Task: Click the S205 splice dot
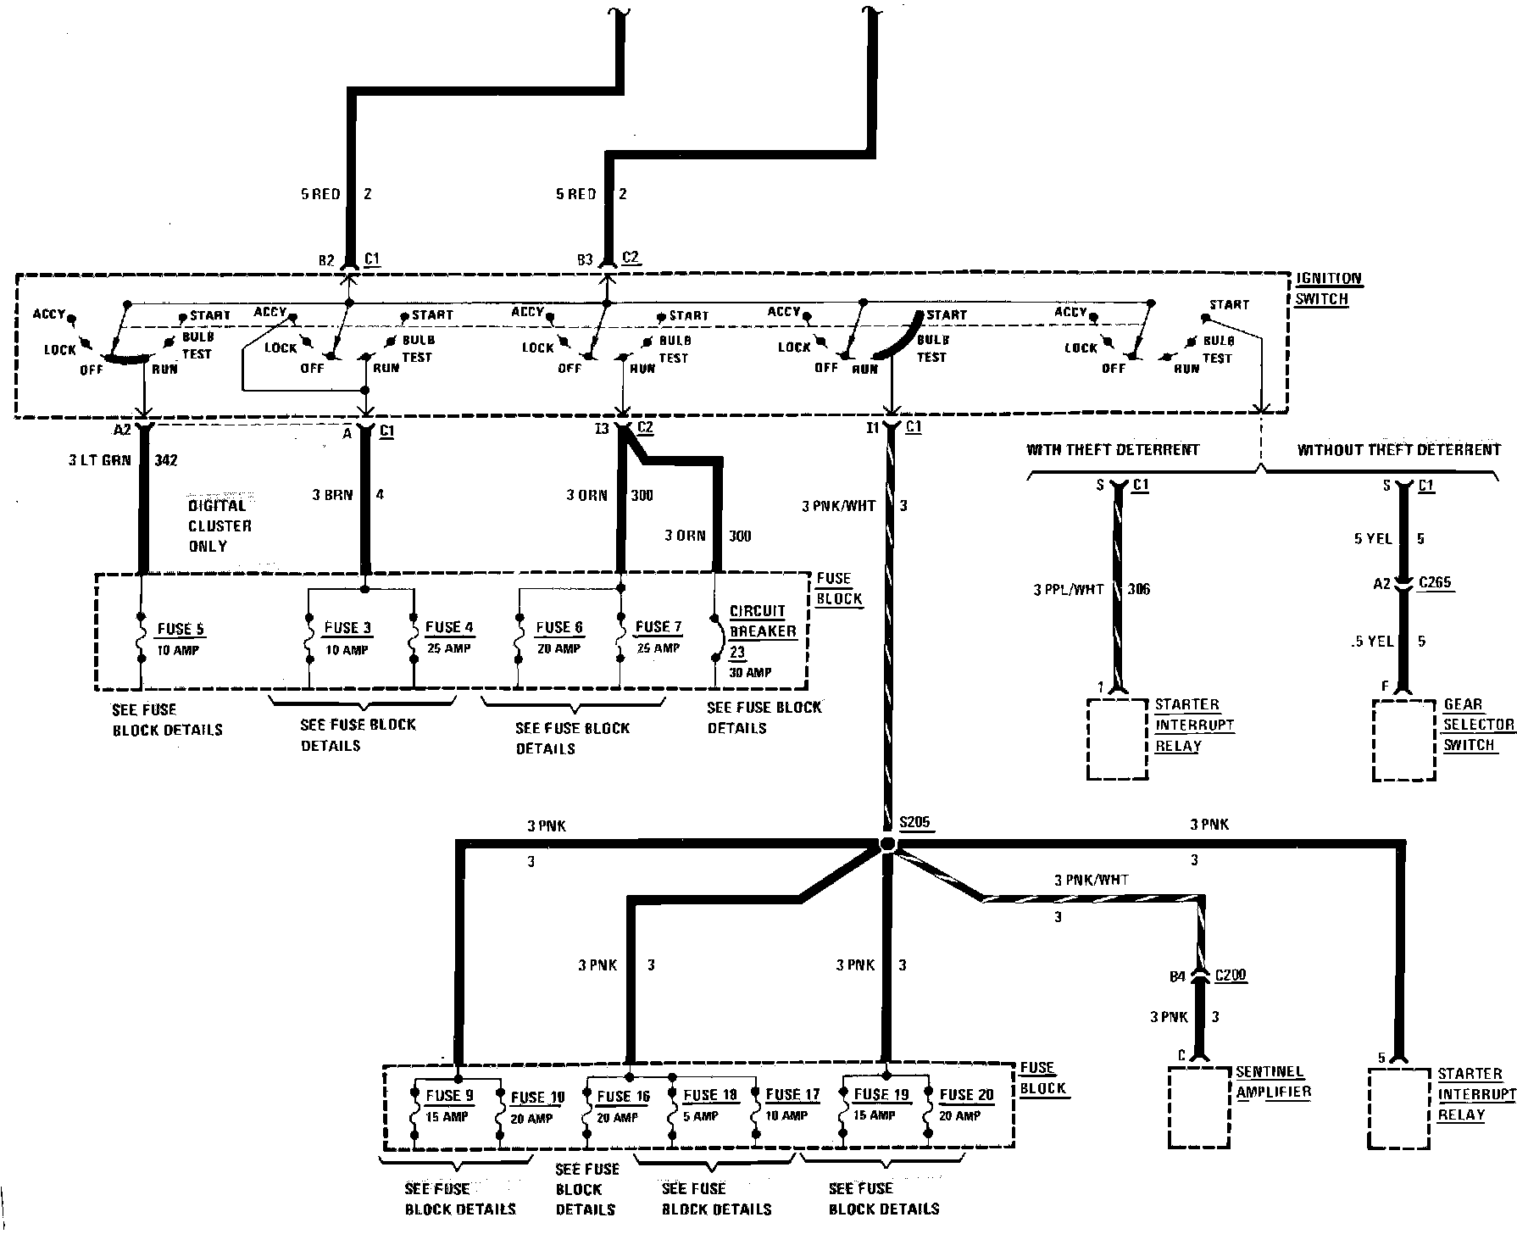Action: (x=887, y=843)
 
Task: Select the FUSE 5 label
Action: (x=181, y=629)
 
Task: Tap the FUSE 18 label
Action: (x=710, y=1095)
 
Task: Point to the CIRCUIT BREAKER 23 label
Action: (x=763, y=631)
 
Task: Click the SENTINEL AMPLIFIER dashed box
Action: (x=1199, y=1107)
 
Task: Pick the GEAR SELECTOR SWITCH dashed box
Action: (x=1404, y=740)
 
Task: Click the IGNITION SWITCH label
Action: (x=1328, y=289)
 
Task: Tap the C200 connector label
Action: (x=1231, y=976)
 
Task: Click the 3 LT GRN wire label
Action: (x=100, y=460)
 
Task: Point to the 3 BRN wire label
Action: (x=331, y=494)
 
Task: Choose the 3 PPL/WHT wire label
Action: (x=1068, y=589)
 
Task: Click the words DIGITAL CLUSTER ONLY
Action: (x=219, y=525)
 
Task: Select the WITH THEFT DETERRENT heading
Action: (x=1113, y=450)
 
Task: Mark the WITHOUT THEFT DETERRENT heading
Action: (x=1398, y=450)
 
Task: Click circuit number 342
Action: (x=165, y=460)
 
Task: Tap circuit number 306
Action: (x=1139, y=589)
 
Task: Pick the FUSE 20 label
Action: (x=966, y=1095)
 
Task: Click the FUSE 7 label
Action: (x=658, y=627)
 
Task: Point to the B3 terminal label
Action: (x=585, y=260)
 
